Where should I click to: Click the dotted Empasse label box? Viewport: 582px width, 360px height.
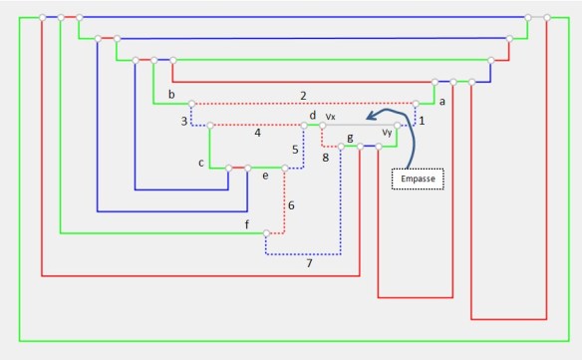pos(417,180)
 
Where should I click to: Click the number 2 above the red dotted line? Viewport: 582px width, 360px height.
pos(302,95)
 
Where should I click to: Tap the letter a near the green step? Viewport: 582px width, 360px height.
pos(441,102)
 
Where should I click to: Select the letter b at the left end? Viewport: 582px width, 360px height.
pos(171,95)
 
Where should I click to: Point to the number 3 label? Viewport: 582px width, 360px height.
pos(183,121)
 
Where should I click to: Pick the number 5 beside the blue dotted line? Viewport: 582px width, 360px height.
pos(295,149)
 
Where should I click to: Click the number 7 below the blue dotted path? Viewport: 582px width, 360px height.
pos(309,263)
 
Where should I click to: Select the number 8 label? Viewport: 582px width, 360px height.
pos(325,157)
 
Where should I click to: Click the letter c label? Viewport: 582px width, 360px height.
pos(201,163)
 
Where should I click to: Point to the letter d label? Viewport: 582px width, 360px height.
pos(312,116)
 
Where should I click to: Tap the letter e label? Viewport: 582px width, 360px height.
pos(264,177)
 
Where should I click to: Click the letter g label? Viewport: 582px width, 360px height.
pos(349,138)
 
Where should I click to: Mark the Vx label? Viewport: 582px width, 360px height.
pos(331,117)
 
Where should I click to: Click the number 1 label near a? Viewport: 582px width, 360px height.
pos(421,121)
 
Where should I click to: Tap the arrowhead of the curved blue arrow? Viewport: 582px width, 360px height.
pos(368,117)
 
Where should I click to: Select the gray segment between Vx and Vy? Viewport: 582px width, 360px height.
pos(359,126)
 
